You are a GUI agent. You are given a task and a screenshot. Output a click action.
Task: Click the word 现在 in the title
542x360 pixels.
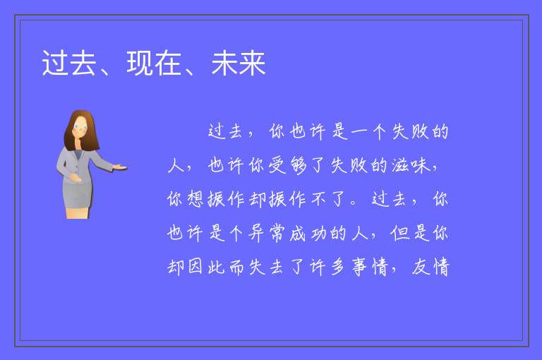tap(154, 64)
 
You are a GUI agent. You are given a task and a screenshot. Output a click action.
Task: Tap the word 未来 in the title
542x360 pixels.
tap(239, 64)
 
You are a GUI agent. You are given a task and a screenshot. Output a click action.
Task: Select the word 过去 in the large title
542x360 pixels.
tap(69, 64)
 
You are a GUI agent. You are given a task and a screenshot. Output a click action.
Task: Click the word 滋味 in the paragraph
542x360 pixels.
tap(411, 165)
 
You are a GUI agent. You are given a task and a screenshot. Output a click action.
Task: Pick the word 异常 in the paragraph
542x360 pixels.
tap(267, 233)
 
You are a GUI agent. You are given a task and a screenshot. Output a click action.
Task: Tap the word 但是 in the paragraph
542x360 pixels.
tap(410, 233)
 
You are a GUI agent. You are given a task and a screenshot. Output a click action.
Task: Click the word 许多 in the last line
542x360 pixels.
tap(328, 267)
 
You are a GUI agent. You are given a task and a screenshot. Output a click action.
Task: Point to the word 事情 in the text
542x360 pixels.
tap(370, 267)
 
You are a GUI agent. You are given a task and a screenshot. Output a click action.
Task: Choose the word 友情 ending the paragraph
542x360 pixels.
tap(430, 267)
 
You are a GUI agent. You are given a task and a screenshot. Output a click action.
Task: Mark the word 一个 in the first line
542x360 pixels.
tap(368, 131)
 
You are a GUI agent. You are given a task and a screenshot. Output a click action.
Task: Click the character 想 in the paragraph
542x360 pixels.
tap(195, 199)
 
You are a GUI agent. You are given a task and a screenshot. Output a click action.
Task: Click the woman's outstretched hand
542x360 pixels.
tap(120, 168)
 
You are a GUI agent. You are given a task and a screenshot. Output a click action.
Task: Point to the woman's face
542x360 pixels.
tap(80, 127)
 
